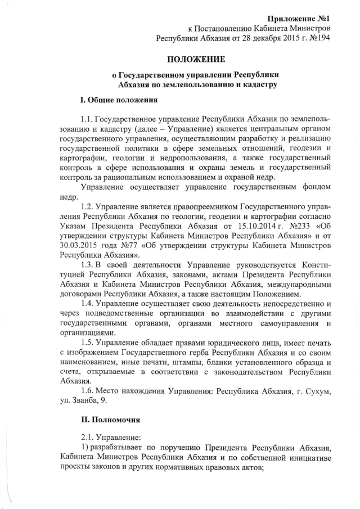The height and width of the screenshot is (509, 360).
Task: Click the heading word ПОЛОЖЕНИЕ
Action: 197,59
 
